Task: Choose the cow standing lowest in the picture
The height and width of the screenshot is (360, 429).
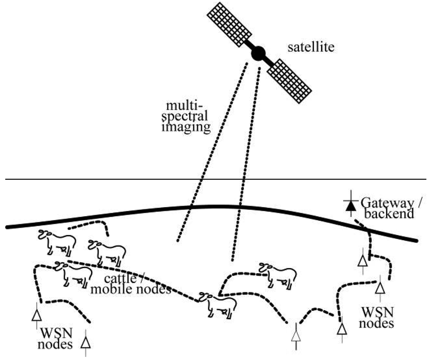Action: point(218,304)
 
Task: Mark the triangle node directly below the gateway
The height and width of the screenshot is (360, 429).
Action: point(363,260)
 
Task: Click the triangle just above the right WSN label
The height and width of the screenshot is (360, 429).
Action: point(379,287)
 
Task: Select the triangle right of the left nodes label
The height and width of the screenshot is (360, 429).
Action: point(86,342)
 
